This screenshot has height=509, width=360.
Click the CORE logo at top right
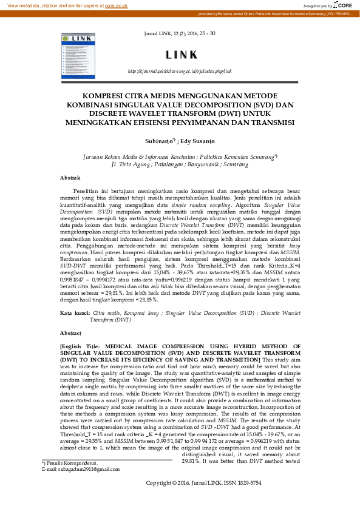pyautogui.click(x=345, y=5)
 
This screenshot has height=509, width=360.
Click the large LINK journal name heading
pyautogui.click(x=179, y=56)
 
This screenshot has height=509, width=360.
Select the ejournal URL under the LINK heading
pyautogui.click(x=179, y=71)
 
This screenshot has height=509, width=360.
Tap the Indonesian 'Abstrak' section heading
pyautogui.click(x=70, y=178)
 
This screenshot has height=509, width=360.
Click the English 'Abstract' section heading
pyautogui.click(x=70, y=333)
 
